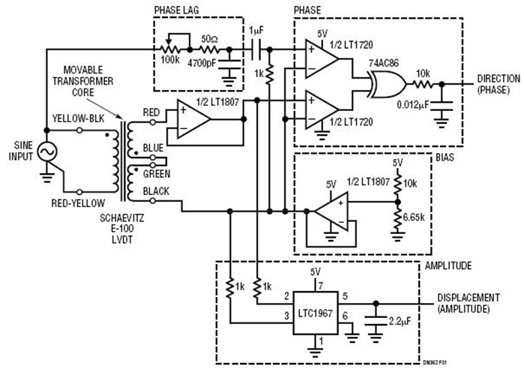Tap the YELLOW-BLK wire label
coord(75,119)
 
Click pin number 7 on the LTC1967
coord(320,285)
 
